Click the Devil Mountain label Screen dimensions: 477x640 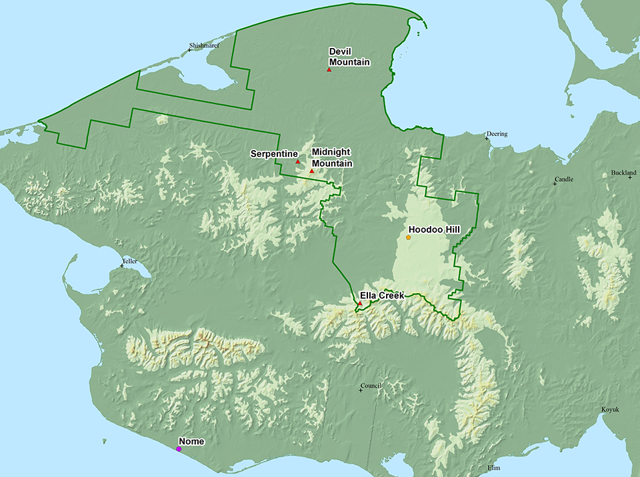click(349, 57)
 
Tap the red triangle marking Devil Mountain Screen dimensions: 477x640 click(329, 69)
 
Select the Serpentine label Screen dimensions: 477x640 click(269, 153)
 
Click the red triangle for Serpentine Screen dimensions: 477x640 click(297, 161)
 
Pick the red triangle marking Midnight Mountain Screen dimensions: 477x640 click(311, 171)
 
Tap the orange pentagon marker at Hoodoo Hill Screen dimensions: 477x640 click(408, 237)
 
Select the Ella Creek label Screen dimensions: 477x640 click(382, 295)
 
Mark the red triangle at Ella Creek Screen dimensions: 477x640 click(360, 304)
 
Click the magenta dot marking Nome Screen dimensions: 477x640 click(179, 449)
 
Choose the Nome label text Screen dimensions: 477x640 click(191, 441)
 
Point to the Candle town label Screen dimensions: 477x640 click(564, 179)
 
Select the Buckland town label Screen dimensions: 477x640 click(623, 173)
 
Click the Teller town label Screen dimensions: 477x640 click(129, 261)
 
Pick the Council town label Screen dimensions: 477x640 click(371, 386)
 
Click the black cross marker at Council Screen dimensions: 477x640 click(361, 390)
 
